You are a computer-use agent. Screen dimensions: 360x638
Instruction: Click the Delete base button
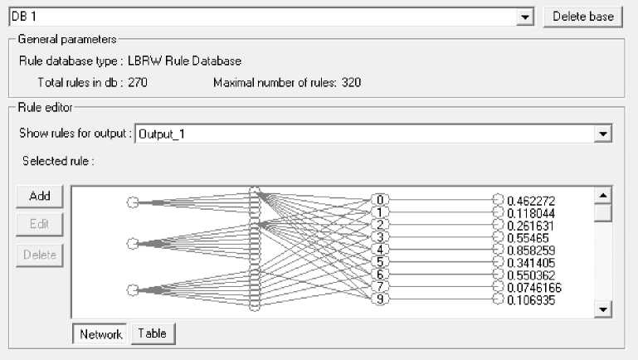point(582,17)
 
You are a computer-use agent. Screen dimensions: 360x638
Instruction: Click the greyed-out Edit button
point(40,224)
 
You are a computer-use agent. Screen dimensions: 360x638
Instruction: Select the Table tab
point(153,333)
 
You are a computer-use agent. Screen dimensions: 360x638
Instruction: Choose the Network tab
point(101,334)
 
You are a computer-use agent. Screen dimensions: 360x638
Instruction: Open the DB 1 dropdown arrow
point(524,17)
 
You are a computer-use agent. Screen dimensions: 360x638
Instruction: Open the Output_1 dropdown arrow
point(603,133)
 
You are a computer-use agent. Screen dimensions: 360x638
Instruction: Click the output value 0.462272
point(530,200)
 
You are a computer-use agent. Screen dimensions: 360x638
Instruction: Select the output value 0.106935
point(530,299)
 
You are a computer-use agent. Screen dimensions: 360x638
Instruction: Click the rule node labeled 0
point(380,200)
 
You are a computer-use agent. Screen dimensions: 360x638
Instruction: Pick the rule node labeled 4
point(380,250)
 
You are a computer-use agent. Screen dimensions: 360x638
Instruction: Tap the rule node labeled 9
point(380,299)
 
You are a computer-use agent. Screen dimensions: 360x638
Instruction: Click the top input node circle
point(132,202)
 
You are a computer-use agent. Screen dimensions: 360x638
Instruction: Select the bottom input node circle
point(132,289)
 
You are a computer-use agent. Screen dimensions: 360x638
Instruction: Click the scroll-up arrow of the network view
point(604,194)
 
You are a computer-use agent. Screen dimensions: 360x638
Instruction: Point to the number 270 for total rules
point(138,83)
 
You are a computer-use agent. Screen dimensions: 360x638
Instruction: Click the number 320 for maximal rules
point(351,83)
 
